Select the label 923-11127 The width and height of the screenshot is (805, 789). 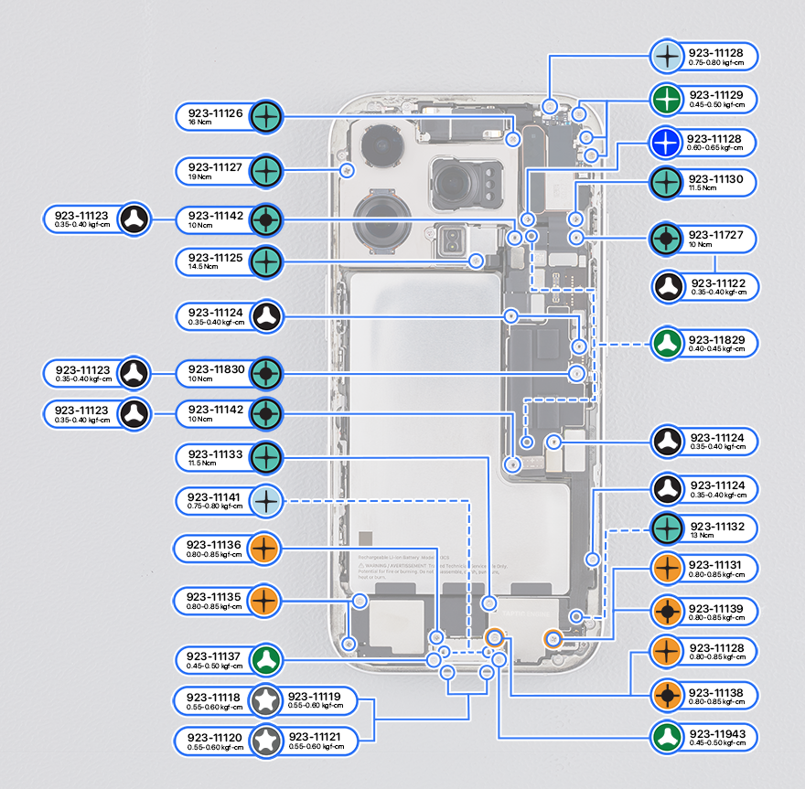coord(215,166)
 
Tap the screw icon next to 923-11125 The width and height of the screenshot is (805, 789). coord(266,262)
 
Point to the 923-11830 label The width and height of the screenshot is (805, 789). coord(215,368)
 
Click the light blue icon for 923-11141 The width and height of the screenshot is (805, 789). coord(266,500)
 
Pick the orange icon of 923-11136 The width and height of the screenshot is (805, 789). coord(266,549)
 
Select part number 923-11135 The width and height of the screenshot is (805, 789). coord(214,596)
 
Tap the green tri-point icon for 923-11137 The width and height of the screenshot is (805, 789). coord(266,658)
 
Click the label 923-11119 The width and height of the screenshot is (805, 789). coord(315,696)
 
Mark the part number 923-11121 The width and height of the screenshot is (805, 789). coord(315,736)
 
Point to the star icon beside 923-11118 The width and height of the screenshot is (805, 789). coord(266,701)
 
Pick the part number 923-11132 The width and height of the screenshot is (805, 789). coord(716,527)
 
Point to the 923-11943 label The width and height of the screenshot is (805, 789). coord(716,733)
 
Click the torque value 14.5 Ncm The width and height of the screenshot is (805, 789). coord(197,267)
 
